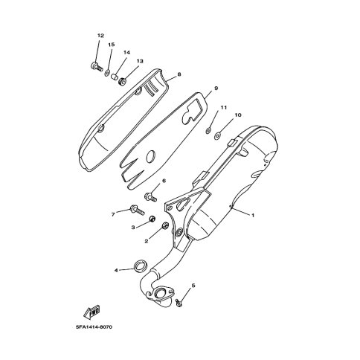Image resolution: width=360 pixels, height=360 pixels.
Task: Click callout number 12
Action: tap(100, 36)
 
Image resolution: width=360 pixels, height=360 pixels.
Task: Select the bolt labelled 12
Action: tap(96, 66)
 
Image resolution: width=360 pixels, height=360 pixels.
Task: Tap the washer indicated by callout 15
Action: tap(108, 73)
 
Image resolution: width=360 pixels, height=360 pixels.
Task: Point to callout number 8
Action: tap(179, 74)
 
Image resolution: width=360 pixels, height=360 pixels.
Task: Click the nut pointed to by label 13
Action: tap(123, 81)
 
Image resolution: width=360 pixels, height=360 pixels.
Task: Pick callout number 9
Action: tap(216, 88)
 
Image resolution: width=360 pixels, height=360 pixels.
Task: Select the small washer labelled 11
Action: tap(209, 129)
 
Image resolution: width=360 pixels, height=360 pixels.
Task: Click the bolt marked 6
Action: tap(150, 196)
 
